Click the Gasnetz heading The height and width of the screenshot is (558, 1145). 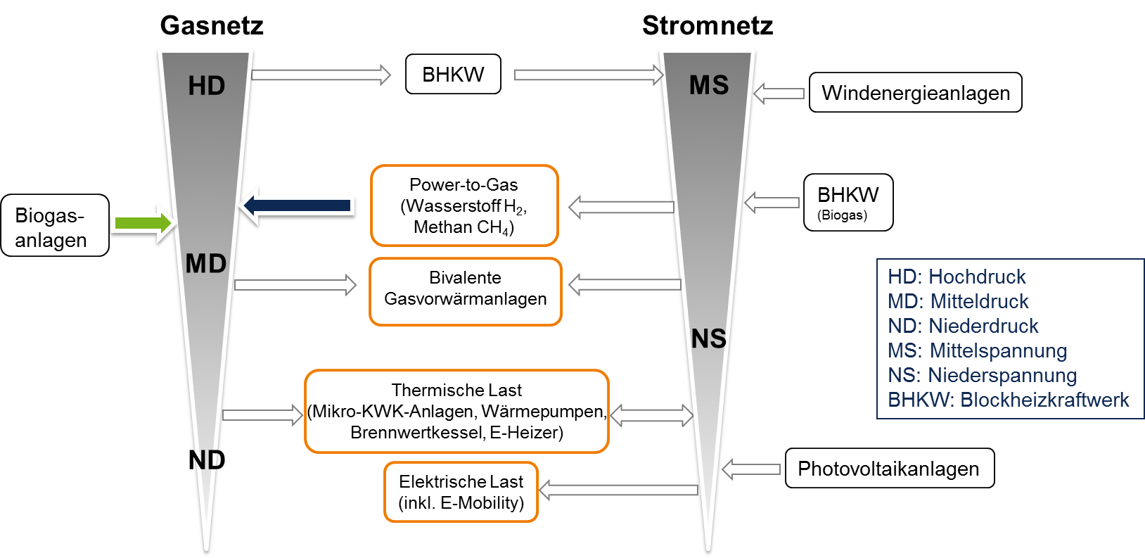coord(212,25)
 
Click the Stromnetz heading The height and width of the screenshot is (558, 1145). coord(708,25)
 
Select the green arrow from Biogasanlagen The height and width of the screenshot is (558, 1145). coord(143,223)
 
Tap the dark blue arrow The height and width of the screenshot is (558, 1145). coord(297,205)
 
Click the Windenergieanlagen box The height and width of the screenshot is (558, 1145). coord(916,93)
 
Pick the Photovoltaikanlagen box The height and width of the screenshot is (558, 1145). coord(890,469)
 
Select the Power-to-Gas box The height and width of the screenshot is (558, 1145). coord(464,205)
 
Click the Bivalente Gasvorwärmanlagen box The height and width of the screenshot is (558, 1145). coord(465,291)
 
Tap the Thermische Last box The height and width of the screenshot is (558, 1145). coord(456,411)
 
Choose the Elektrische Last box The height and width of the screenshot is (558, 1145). coord(461,492)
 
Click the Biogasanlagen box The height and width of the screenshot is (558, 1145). coord(55,226)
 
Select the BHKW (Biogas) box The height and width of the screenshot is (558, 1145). coord(848,203)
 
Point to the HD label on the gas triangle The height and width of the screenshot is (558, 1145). coord(207,86)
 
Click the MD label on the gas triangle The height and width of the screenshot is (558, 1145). coord(206,264)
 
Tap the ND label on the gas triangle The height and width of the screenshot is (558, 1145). coord(207,459)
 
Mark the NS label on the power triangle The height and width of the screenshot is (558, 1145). coord(708,338)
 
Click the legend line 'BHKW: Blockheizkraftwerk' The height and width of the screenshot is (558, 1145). coord(1008,400)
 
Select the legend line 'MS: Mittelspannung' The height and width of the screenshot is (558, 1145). coord(978,351)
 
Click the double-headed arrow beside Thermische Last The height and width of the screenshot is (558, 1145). coord(652,415)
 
